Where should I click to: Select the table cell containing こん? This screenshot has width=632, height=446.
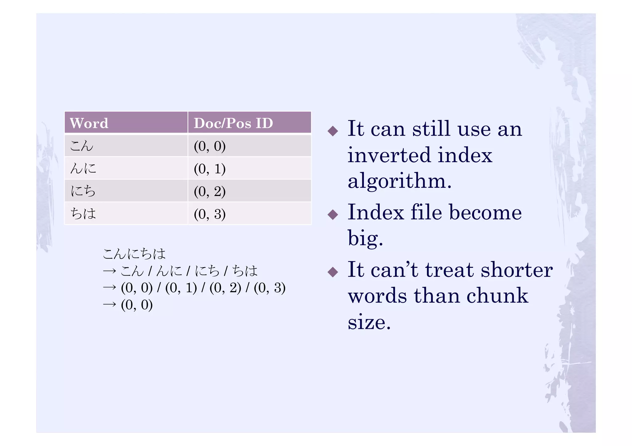(126, 145)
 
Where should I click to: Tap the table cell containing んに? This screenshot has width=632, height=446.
(126, 168)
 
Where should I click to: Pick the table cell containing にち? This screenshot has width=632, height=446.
(126, 191)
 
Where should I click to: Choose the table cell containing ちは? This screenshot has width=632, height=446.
(126, 213)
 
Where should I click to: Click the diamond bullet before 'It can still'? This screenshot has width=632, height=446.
(333, 131)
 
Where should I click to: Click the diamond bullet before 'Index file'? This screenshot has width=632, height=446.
(333, 214)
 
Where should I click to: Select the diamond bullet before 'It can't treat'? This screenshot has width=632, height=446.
(333, 272)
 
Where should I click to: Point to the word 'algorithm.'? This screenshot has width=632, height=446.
(399, 181)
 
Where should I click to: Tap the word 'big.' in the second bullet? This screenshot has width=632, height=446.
(365, 238)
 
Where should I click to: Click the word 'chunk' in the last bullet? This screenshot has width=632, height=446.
(497, 296)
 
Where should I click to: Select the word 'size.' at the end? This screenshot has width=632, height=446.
(369, 322)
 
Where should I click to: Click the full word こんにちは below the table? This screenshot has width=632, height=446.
(134, 254)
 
